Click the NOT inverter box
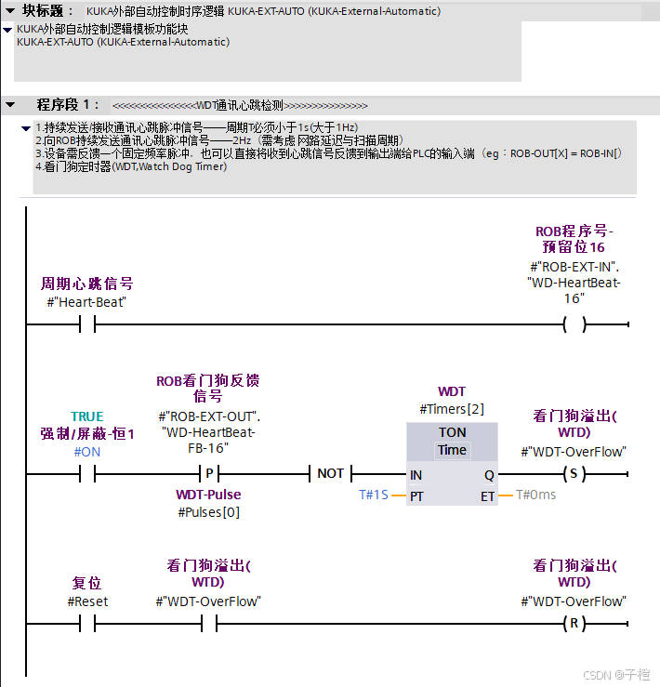330,473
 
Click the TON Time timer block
452,463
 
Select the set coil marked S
574,473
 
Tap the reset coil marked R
574,623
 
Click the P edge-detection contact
209,473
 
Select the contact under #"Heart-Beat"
87,324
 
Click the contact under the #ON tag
87,473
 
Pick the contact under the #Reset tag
87,623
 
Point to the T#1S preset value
374,495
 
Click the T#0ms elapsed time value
535,495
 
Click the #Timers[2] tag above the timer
452,409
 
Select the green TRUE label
87,416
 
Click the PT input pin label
416,496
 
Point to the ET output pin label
488,496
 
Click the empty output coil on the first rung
574,324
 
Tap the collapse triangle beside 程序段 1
10,104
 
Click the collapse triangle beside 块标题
8,10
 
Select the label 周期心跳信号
86,284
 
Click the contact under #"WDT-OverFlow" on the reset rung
209,623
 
